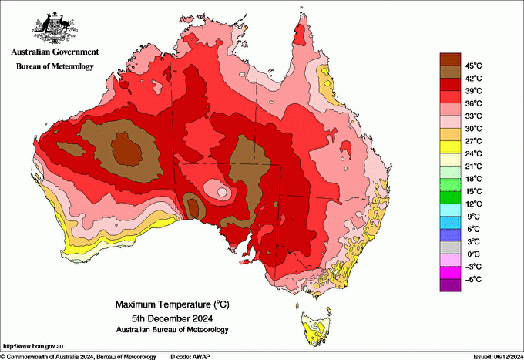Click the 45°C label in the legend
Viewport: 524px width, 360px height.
point(472,66)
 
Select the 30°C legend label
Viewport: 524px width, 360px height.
point(472,128)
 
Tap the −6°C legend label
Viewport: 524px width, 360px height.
point(472,279)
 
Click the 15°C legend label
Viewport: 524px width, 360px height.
point(472,191)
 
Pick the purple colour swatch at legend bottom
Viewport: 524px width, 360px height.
point(449,285)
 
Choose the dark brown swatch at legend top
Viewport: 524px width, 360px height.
point(449,59)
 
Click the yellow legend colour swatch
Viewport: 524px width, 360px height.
point(449,146)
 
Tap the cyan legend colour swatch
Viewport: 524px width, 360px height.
point(449,210)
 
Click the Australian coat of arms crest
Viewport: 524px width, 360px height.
point(55,26)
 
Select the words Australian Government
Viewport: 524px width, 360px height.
point(55,52)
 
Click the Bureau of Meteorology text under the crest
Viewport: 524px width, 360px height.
point(55,67)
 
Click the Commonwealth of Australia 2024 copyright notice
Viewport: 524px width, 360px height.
point(77,356)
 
